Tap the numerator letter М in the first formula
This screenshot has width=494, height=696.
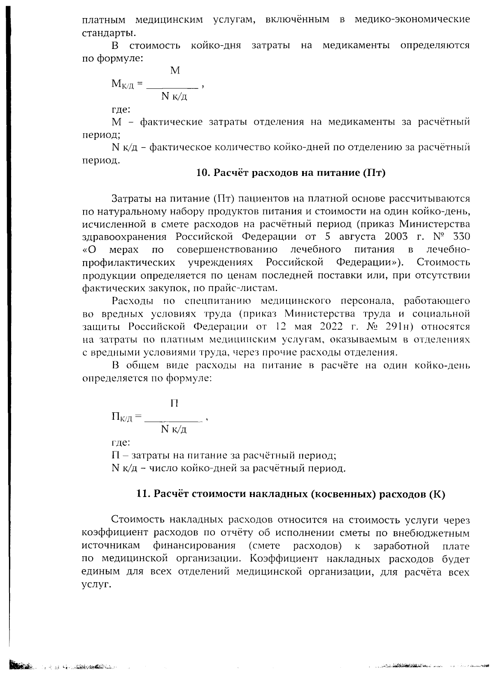(175, 71)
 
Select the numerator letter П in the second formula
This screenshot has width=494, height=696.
(175, 404)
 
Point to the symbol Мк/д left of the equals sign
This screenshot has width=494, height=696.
(122, 85)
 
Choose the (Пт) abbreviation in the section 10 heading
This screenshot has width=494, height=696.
(373, 173)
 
